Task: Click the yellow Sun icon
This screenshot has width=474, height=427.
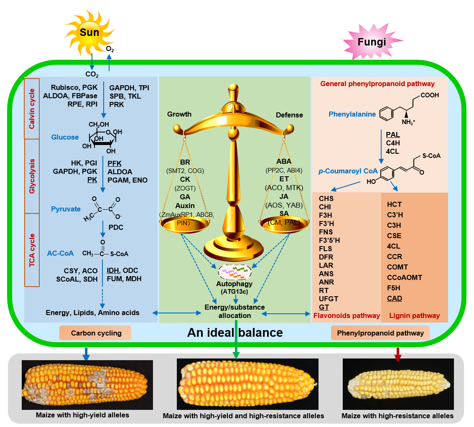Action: (89, 33)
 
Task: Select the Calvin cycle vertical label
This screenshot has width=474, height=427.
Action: (32, 108)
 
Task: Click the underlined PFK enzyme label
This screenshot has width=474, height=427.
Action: (115, 163)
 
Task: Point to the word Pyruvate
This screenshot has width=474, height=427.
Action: (66, 208)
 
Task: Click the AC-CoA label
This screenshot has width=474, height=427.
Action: (60, 253)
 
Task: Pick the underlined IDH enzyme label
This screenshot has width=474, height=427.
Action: (113, 270)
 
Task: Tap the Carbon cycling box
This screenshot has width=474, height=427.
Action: (96, 333)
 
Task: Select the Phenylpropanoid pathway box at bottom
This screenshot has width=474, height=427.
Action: (380, 333)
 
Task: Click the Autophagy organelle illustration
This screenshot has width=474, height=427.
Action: (235, 272)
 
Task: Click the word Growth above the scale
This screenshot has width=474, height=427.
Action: (179, 114)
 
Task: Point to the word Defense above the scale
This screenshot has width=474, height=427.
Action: (289, 115)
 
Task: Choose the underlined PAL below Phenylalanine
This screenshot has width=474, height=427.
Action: (393, 135)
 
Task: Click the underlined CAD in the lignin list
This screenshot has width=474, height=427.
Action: (394, 299)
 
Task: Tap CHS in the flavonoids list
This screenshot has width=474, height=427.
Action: (326, 198)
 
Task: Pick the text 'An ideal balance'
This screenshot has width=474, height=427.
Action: (235, 333)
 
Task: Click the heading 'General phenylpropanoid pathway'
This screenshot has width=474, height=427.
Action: (377, 84)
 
